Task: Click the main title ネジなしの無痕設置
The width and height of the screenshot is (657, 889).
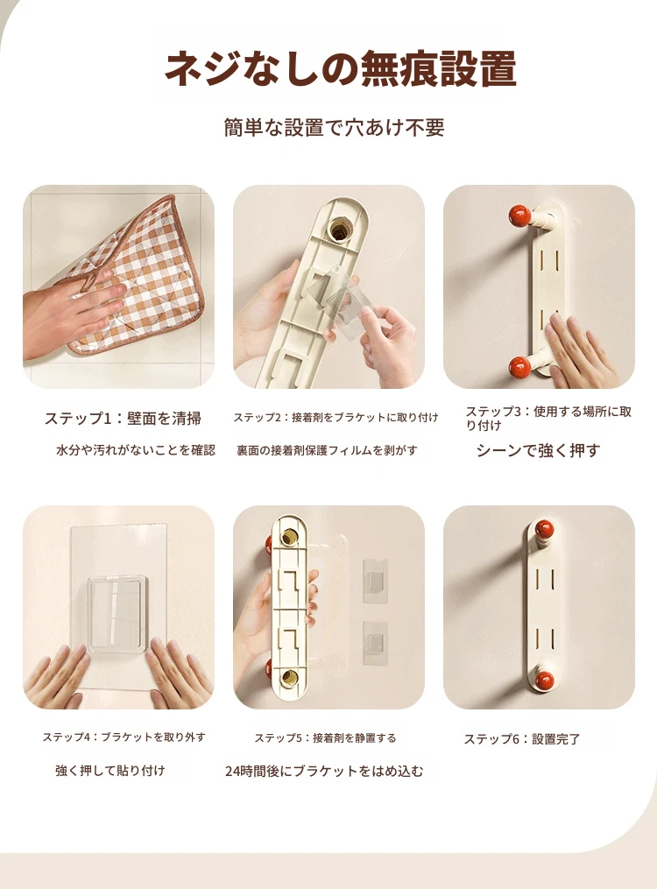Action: coord(340,68)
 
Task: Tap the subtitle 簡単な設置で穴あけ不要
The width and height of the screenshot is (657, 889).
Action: coord(334,128)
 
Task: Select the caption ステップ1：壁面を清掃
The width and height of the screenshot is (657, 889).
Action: coord(123,419)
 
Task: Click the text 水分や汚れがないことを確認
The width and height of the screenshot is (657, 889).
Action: coord(136,450)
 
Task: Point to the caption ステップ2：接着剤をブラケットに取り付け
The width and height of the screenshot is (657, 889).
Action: coord(336,417)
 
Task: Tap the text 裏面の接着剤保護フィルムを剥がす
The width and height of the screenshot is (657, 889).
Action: coord(327,450)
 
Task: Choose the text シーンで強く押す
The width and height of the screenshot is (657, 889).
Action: coord(538,451)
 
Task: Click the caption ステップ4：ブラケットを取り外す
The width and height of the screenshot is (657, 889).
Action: coord(124,737)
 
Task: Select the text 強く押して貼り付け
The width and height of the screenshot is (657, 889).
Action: coord(110,771)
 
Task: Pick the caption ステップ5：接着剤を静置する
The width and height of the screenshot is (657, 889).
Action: coord(325,738)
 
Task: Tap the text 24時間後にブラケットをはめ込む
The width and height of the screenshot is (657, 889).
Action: coord(323,771)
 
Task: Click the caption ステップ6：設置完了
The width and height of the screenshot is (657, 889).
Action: coord(522,739)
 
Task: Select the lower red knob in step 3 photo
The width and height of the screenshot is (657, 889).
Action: coord(519,366)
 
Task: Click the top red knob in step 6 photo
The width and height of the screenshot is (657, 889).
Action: coord(544,531)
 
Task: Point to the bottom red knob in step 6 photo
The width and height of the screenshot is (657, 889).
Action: coord(544,681)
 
